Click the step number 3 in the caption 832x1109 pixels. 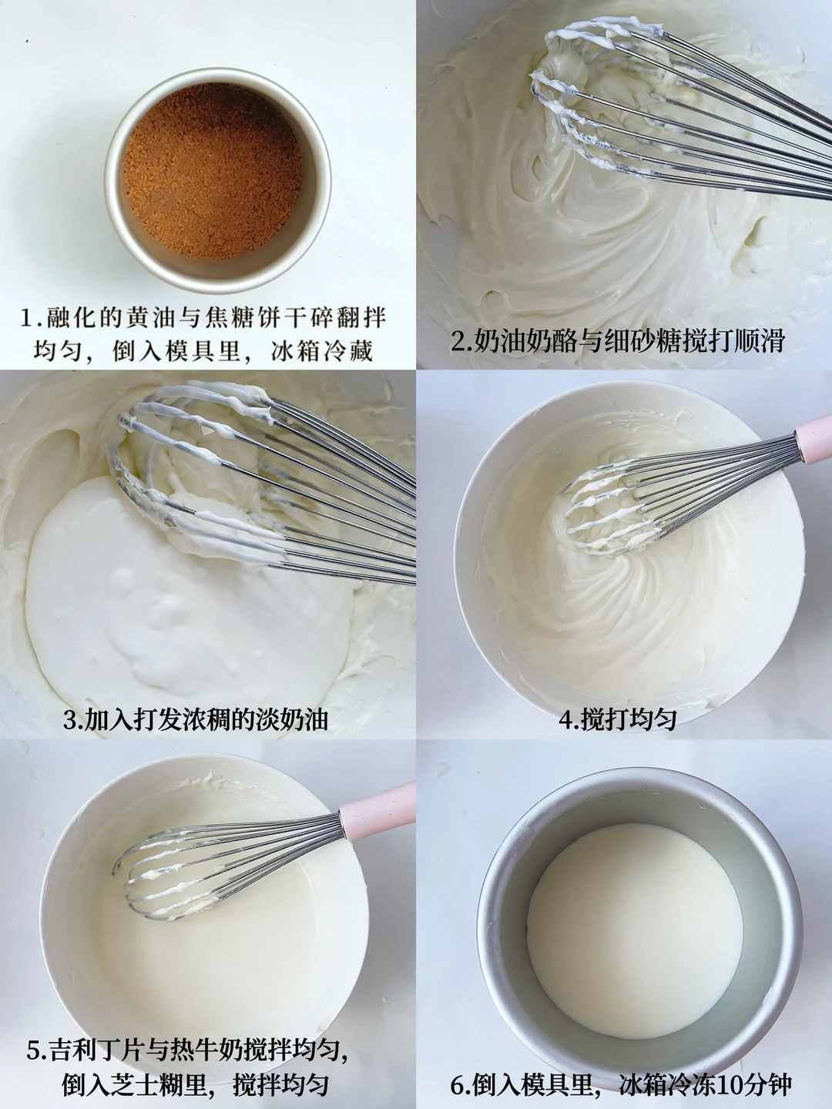[70, 719]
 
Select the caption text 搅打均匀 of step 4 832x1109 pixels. [628, 719]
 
